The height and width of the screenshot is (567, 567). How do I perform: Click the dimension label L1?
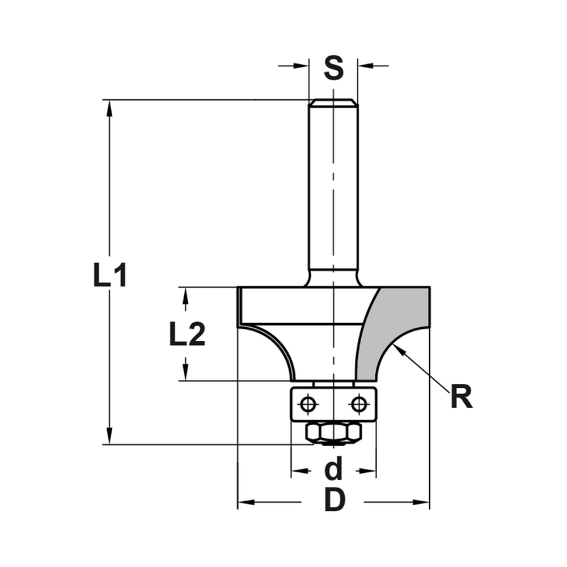[110, 276]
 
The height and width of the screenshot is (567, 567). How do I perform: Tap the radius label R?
[461, 397]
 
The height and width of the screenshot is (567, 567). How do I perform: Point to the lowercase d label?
[335, 470]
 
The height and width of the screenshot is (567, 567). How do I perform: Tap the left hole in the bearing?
[308, 404]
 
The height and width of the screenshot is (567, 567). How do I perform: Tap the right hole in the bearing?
[358, 404]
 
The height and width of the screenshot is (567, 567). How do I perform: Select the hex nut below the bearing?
[333, 433]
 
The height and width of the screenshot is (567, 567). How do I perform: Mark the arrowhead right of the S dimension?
[365, 66]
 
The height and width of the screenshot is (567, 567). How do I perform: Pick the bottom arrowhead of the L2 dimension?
[185, 374]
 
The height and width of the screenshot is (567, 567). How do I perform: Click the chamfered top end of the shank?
[333, 103]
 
